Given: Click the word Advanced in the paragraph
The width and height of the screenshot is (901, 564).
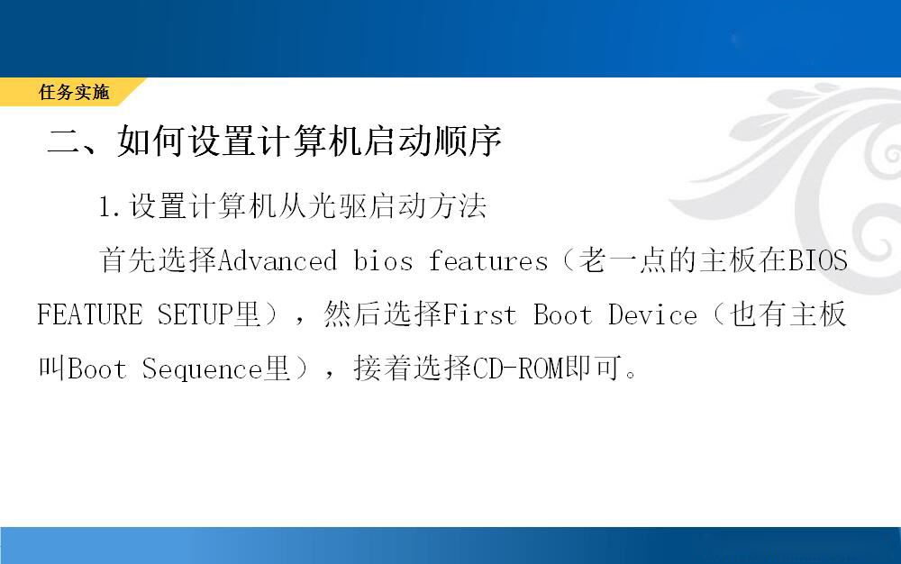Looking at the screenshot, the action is (278, 261).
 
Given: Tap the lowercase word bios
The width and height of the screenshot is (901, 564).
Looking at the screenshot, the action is (383, 261).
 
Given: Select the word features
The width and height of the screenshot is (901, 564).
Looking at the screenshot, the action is (487, 261).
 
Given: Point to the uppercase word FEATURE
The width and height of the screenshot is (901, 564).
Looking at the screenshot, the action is (89, 314).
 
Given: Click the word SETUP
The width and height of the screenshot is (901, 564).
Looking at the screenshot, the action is (196, 314).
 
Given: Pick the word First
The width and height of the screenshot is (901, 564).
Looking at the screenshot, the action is (480, 314).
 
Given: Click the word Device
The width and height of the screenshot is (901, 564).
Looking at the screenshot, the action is (652, 314).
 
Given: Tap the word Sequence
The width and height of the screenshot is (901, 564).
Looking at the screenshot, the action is (202, 368).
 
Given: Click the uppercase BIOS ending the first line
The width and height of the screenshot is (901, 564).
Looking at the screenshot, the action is (818, 261).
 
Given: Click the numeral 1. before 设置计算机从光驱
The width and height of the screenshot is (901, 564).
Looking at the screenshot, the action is (110, 206).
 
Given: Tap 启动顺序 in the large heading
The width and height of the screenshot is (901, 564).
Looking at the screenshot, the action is (433, 141).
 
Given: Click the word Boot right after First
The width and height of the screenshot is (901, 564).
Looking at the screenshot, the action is (562, 314).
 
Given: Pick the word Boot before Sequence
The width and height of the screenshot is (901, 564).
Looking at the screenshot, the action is (97, 368).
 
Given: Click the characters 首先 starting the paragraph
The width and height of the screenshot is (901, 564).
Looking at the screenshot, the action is (128, 260).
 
